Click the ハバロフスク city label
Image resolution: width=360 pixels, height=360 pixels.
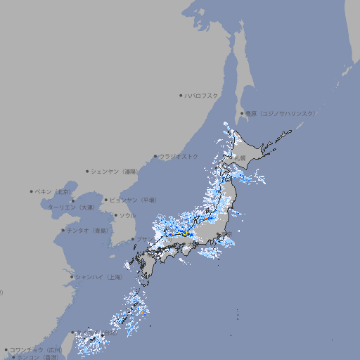tap(201, 95)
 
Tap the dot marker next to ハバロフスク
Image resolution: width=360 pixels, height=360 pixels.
tap(181, 95)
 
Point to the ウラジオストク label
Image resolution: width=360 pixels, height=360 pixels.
tap(179, 156)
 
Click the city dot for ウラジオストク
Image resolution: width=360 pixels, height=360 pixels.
tap(155, 157)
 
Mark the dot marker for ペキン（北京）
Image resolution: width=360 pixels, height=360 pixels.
tap(32, 191)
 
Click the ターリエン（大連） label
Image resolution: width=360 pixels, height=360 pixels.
tap(71, 207)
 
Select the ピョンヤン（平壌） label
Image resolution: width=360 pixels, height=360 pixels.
tap(133, 200)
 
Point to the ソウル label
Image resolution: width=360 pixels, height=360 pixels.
tap(127, 215)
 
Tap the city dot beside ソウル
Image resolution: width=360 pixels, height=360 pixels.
tap(115, 215)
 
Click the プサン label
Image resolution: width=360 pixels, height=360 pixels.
tap(143, 240)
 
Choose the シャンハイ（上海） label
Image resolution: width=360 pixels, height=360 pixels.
tap(98, 277)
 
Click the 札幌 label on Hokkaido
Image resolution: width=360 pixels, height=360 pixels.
tap(240, 158)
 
